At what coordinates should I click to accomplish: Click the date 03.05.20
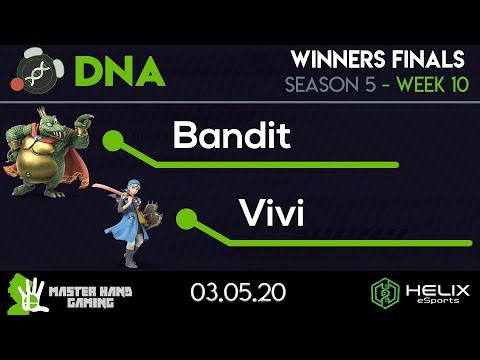pos(238,293)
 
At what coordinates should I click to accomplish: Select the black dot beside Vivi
pos(186,215)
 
